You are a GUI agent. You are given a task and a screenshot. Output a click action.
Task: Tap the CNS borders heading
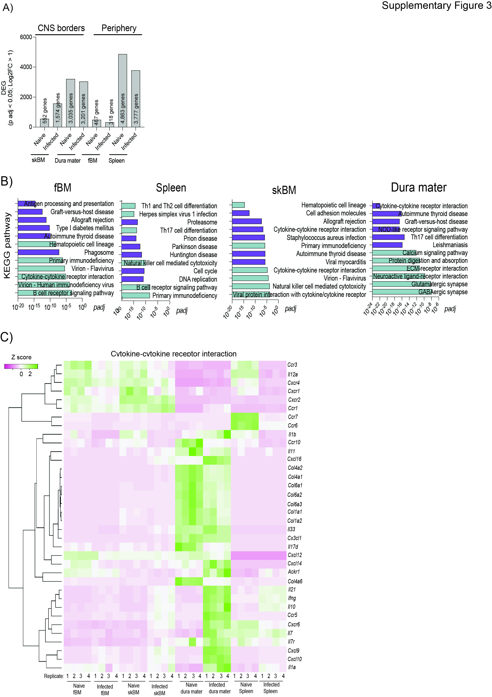coord(61,28)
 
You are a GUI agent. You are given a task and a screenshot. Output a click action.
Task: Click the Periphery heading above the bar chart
coord(119,28)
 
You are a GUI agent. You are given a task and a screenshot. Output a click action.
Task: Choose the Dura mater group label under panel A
coord(67,161)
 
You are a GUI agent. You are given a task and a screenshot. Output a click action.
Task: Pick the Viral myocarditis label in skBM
coord(346,262)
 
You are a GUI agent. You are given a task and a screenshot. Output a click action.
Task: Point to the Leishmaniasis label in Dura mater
coord(450,245)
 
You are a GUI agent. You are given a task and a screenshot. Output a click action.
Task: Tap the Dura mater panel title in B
coord(419,187)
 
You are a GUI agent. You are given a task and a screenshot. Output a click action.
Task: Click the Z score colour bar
coord(21,366)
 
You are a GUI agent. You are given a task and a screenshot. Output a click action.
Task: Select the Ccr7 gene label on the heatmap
coord(293,417)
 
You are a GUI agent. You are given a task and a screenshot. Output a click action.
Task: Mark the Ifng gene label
coord(292,598)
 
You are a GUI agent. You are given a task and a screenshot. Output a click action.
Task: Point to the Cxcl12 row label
coord(295,555)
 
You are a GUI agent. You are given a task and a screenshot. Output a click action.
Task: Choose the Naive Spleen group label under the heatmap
coord(246,688)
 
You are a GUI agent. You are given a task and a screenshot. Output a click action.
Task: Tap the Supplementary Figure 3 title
coord(437,6)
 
